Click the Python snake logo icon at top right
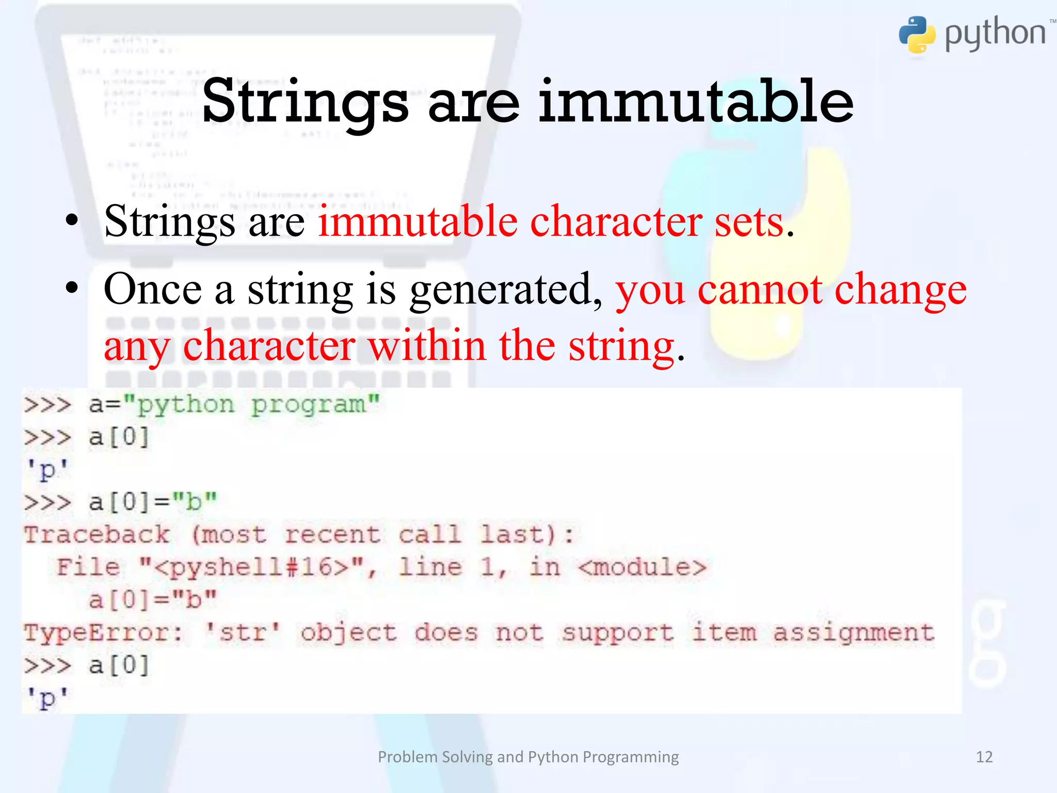click(917, 35)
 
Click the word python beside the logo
click(995, 34)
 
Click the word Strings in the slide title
click(305, 102)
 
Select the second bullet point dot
click(72, 288)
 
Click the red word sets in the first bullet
click(749, 222)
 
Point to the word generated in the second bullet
click(506, 291)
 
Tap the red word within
click(427, 346)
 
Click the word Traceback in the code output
click(97, 534)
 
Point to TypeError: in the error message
click(103, 632)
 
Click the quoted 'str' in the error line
click(243, 632)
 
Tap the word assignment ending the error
click(854, 633)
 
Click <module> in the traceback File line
click(642, 567)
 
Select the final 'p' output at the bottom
click(47, 699)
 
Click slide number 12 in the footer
click(984, 757)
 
